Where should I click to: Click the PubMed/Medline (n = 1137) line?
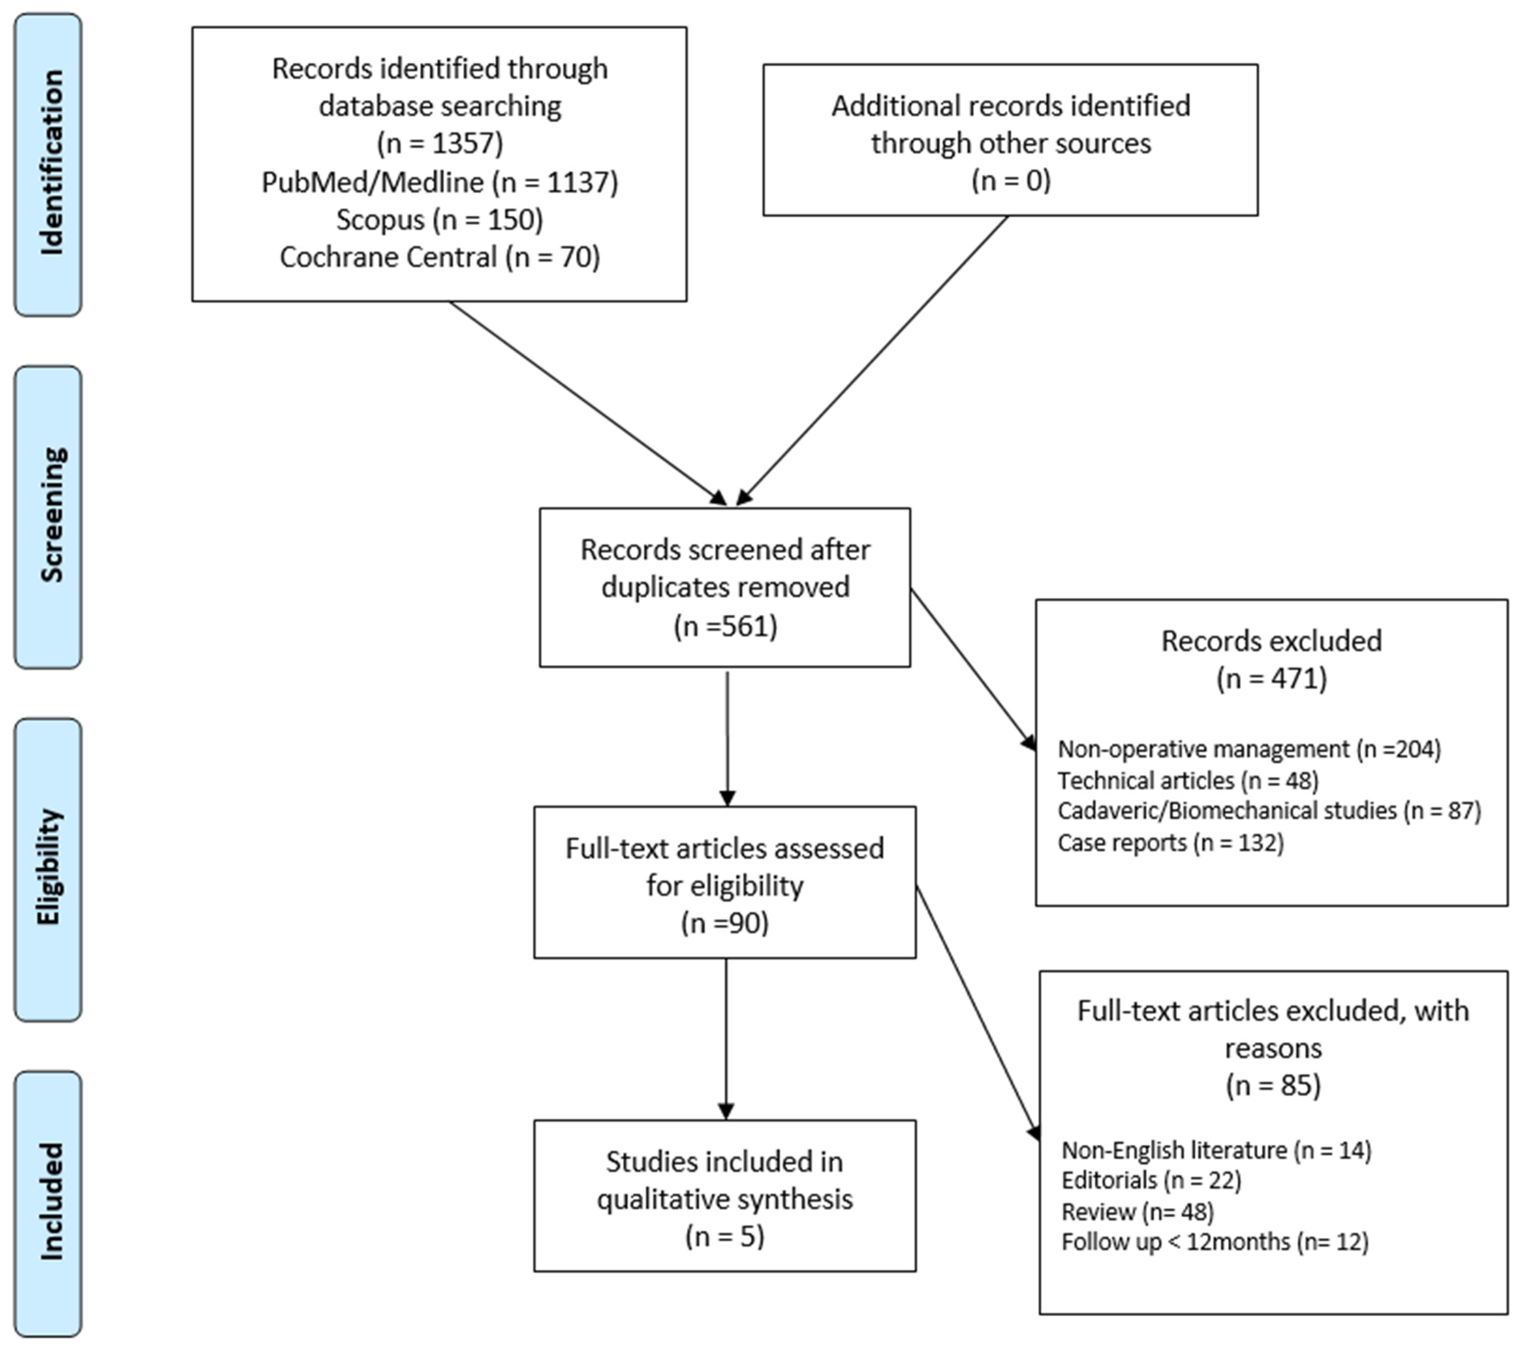point(439,182)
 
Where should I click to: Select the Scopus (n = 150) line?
point(439,220)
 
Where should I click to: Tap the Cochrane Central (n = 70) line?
point(439,257)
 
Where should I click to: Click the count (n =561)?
point(725,626)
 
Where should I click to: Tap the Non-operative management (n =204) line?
point(1248,749)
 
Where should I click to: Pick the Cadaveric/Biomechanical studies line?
point(1269,810)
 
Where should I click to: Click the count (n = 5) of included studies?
point(725,1236)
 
